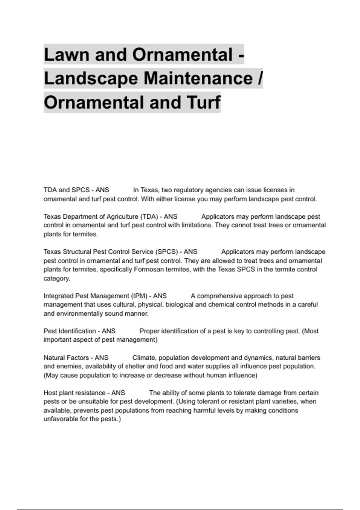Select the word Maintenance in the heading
[x=198, y=79]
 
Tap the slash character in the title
[x=260, y=79]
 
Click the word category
[x=57, y=278]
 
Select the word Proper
[x=149, y=331]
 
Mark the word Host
[x=50, y=393]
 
